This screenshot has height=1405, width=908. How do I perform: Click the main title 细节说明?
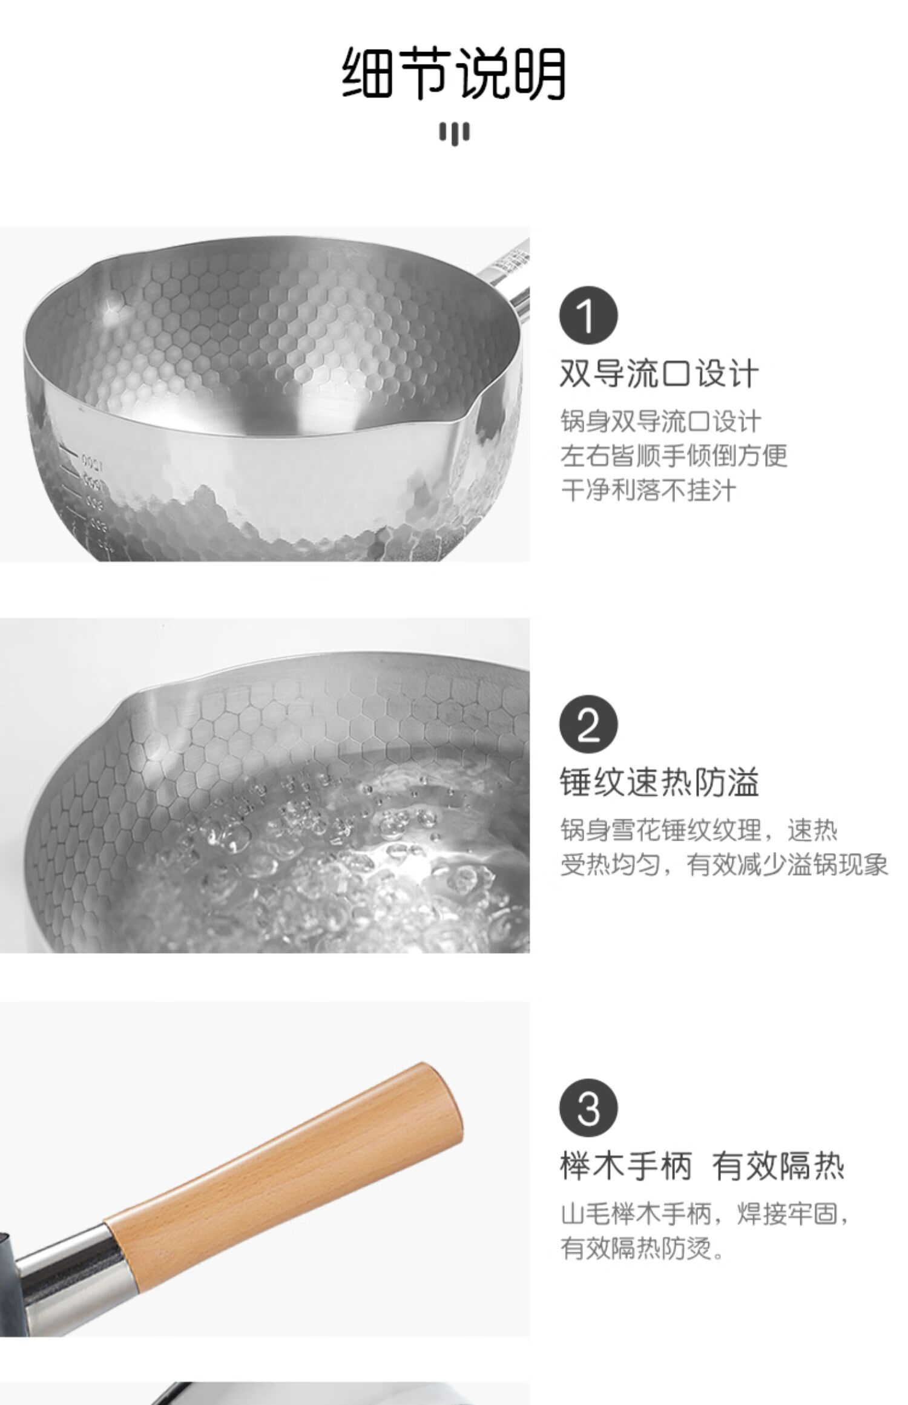[x=454, y=73]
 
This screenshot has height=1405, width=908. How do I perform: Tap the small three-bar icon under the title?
[x=454, y=133]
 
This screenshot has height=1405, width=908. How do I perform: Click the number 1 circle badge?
[x=588, y=316]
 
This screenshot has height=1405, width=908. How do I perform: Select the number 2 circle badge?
[x=588, y=725]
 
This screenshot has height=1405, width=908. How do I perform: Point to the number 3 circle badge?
[x=588, y=1107]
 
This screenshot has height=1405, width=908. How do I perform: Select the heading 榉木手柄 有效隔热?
[x=702, y=1164]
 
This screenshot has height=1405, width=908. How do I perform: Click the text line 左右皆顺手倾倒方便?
[x=674, y=455]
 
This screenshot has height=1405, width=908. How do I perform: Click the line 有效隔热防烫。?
[x=643, y=1247]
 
